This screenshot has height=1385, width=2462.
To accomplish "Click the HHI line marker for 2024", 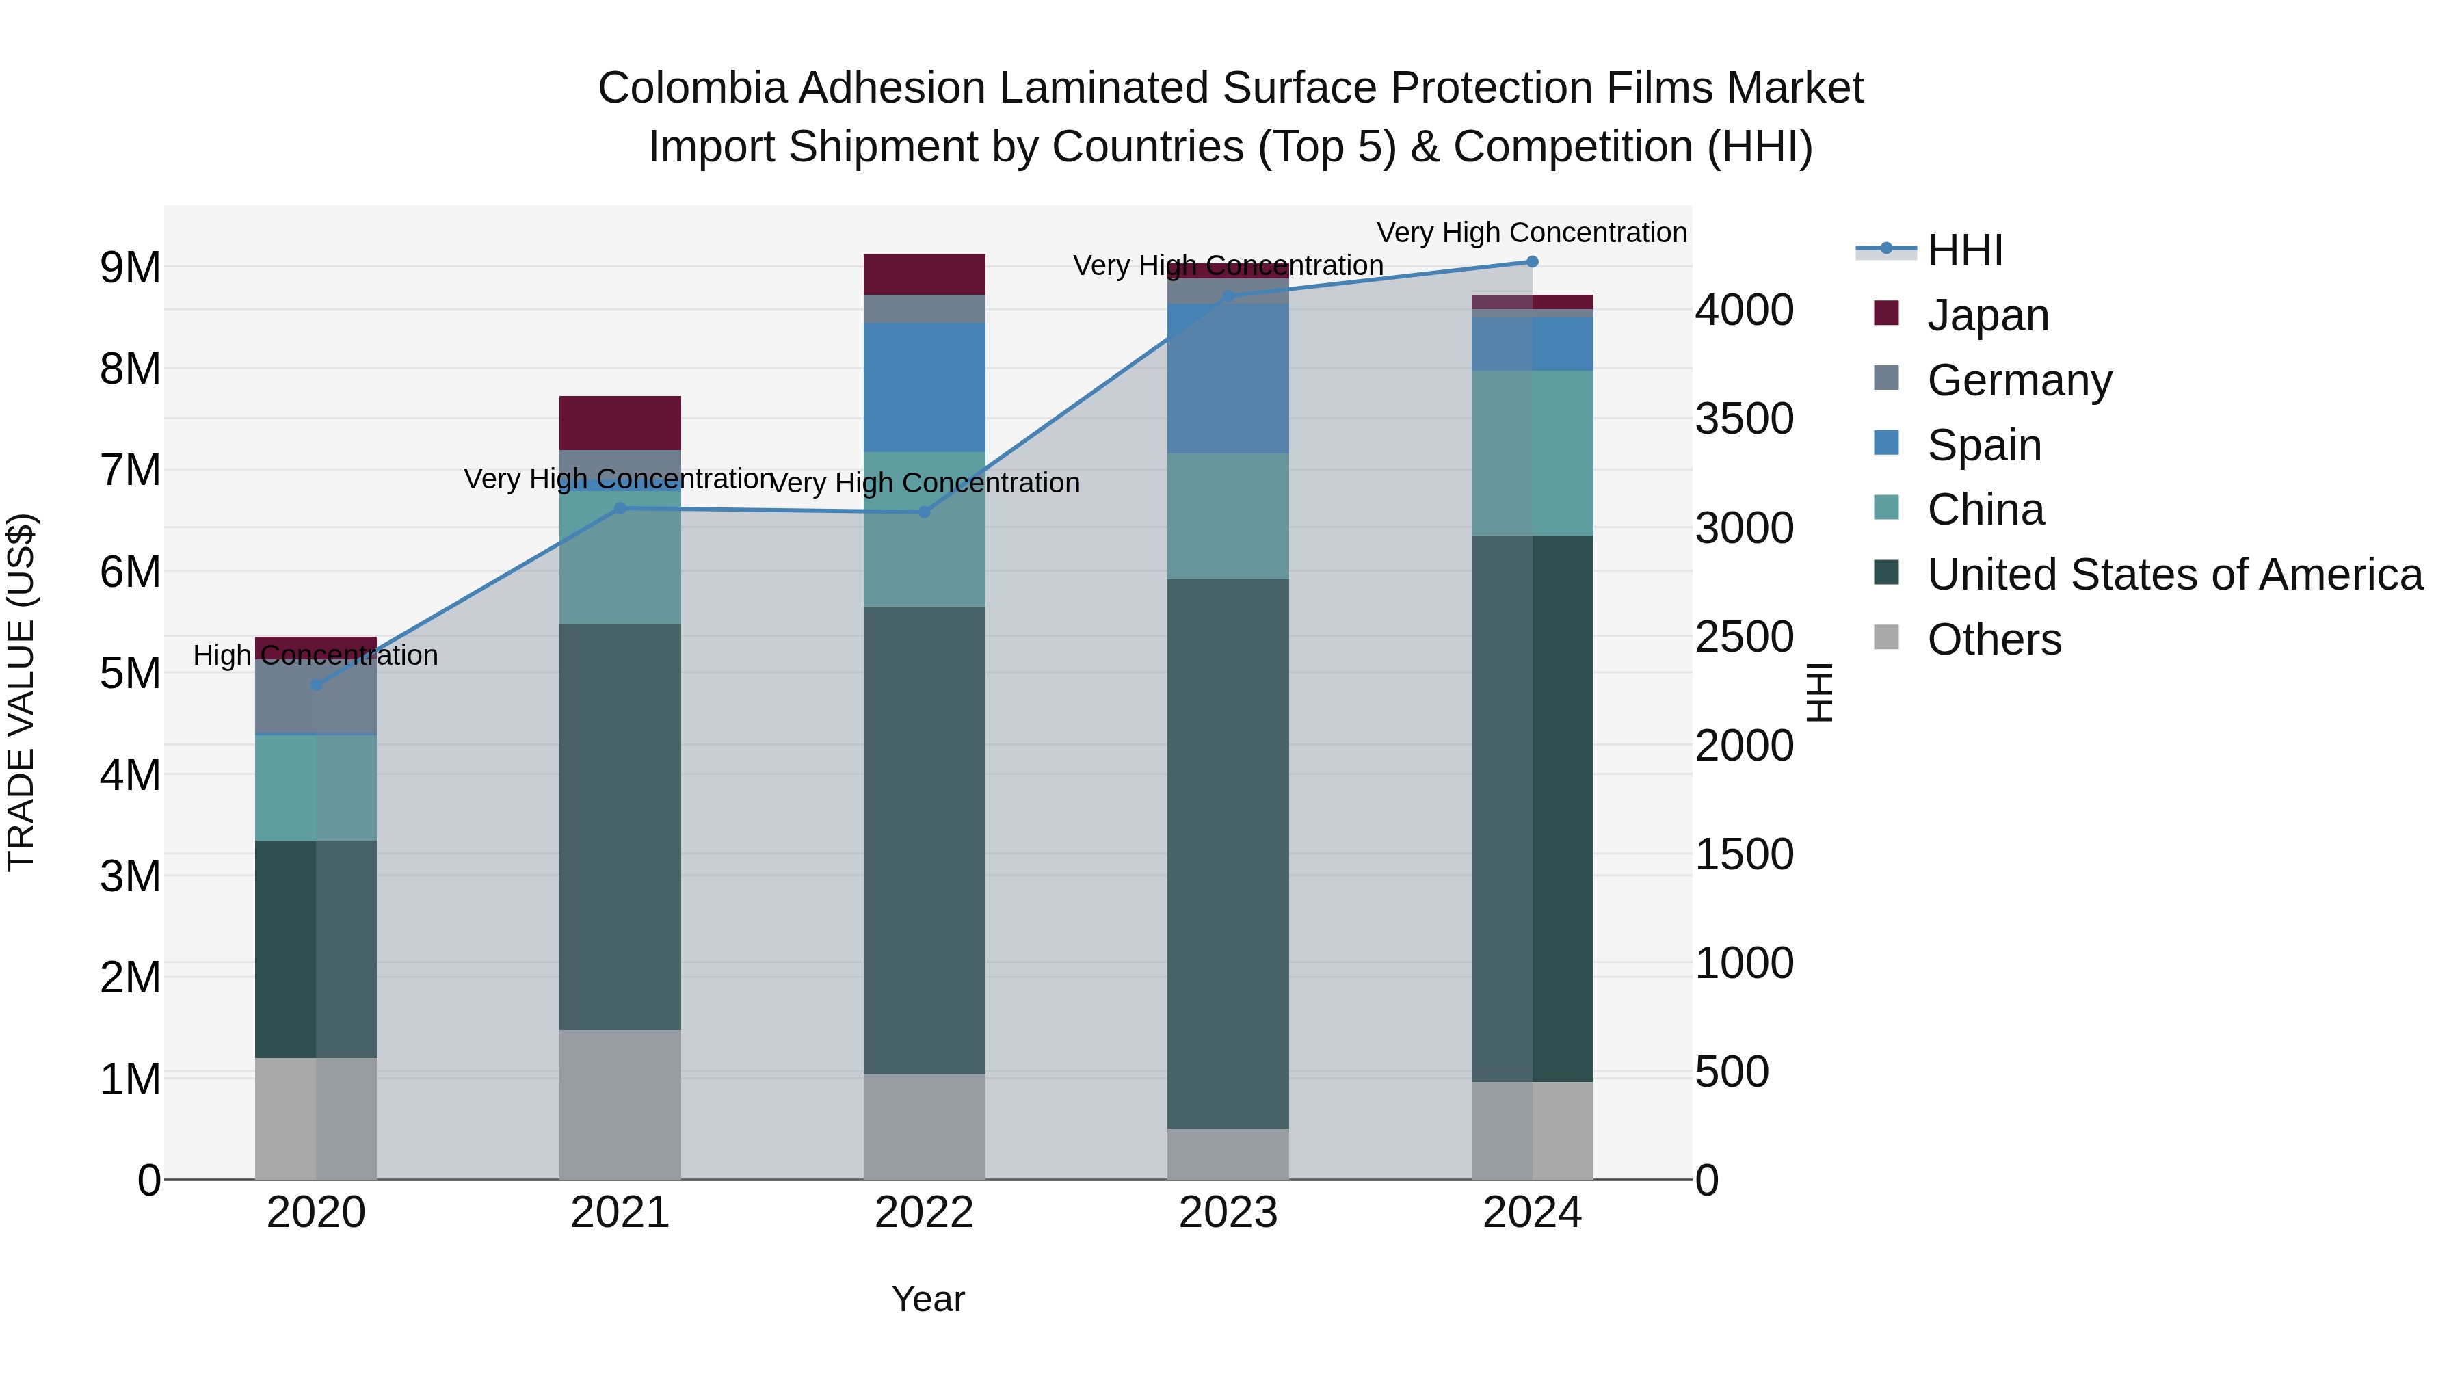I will [1532, 262].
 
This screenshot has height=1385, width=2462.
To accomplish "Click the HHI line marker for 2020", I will [317, 685].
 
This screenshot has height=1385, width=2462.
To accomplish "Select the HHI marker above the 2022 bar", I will [924, 512].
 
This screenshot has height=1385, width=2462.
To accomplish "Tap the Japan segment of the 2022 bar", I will [924, 274].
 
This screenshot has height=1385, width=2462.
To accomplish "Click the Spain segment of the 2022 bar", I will [924, 387].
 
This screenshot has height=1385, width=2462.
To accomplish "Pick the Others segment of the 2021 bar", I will [620, 1104].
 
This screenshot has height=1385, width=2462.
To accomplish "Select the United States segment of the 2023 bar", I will [1228, 853].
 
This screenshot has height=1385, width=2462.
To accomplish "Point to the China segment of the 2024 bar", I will [1532, 453].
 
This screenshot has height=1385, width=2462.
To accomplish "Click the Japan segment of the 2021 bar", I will [620, 423].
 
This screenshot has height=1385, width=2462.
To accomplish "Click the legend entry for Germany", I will [2019, 380].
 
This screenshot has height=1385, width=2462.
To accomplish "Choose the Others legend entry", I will [1994, 639].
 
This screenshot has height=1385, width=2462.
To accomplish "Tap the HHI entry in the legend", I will [1964, 250].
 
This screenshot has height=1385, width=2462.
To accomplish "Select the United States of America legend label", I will [2174, 575].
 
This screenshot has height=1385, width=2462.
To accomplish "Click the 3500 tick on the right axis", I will [1744, 419].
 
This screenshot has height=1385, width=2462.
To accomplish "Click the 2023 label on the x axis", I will [1228, 1213].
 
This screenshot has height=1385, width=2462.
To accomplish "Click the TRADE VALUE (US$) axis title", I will [21, 692].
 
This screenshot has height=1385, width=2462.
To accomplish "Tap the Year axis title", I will [927, 1299].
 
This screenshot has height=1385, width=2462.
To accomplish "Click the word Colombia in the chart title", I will [692, 88].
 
